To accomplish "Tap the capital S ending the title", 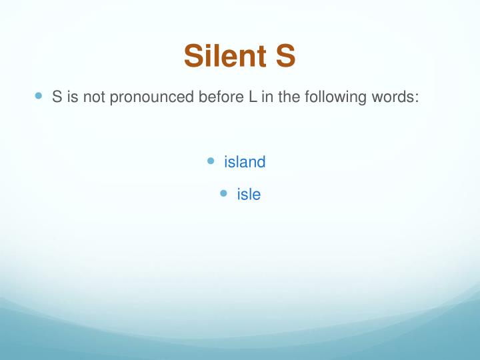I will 284,56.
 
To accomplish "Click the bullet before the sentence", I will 38,95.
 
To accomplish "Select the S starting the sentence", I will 57,97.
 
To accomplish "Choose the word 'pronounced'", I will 151,97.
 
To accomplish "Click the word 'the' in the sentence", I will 285,97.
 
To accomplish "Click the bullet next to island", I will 211,161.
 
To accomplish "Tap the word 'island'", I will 245,162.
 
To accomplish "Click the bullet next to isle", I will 223,193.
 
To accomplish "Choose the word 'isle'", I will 248,195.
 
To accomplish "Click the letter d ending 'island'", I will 261,162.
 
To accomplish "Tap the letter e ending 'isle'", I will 256,196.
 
